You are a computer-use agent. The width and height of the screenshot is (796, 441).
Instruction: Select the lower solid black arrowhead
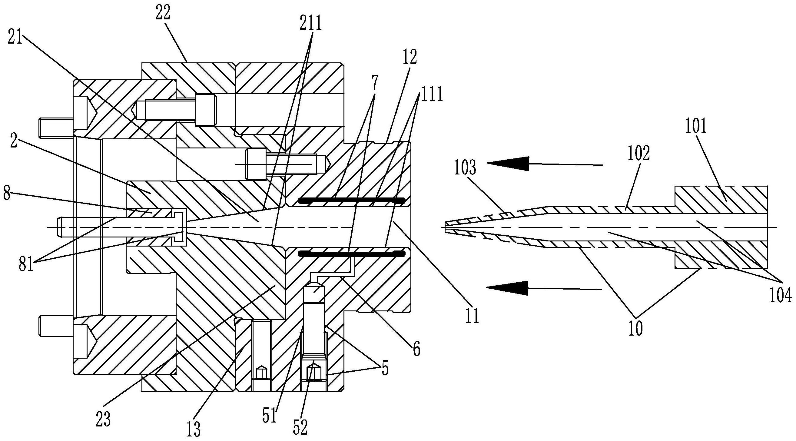[507, 287]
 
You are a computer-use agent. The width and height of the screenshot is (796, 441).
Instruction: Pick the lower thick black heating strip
[351, 254]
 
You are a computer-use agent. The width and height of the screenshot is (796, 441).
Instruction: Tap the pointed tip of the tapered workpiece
[446, 227]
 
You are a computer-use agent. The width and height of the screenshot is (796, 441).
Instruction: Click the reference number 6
[416, 350]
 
